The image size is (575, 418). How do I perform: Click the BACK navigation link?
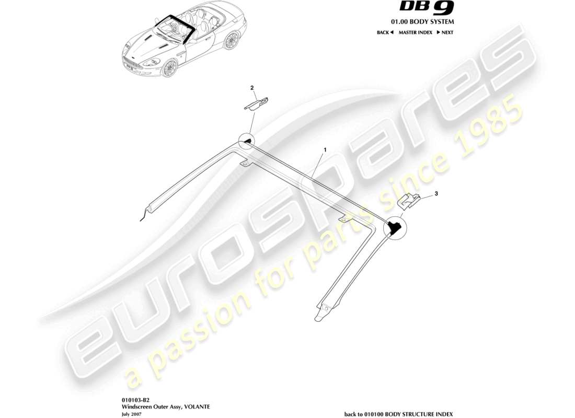pyautogui.click(x=385, y=32)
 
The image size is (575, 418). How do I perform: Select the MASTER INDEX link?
pyautogui.click(x=415, y=32)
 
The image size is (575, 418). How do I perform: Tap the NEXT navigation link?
pyautogui.click(x=445, y=32)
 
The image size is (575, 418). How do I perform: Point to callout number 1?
pyautogui.click(x=325, y=149)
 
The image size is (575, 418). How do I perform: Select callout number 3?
pyautogui.click(x=436, y=194)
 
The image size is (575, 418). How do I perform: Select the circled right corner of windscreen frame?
pyautogui.click(x=394, y=227)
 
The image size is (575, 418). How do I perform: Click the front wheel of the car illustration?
pyautogui.click(x=169, y=69)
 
